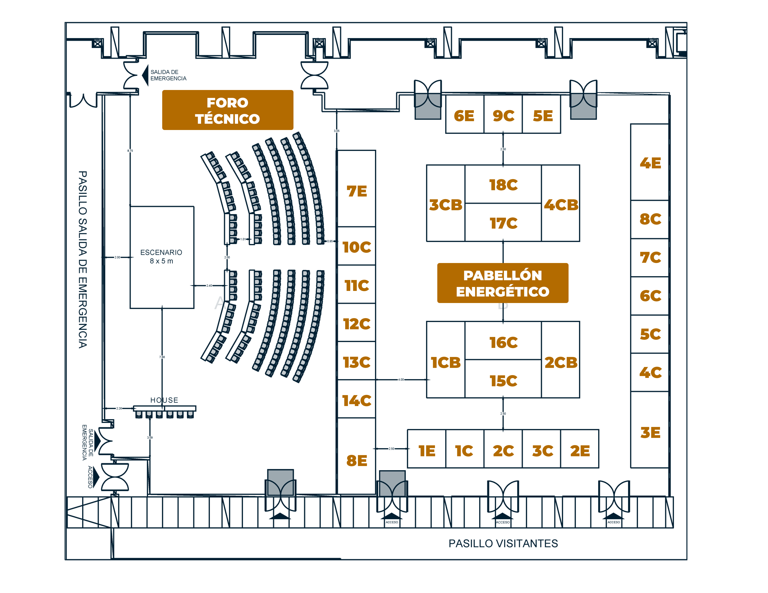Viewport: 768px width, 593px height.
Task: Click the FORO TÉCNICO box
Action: pyautogui.click(x=228, y=110)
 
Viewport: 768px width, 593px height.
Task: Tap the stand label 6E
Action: pyautogui.click(x=464, y=116)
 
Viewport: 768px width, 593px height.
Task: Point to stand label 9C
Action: pyautogui.click(x=503, y=116)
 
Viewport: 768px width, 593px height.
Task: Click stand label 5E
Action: pyautogui.click(x=542, y=116)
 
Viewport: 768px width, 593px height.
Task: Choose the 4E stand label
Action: pyautogui.click(x=650, y=163)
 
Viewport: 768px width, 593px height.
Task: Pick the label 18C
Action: pyautogui.click(x=503, y=185)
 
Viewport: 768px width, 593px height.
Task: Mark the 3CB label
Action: pyautogui.click(x=445, y=205)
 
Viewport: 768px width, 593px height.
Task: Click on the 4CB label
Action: pyautogui.click(x=561, y=205)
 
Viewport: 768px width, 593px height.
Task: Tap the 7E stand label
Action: pyautogui.click(x=357, y=191)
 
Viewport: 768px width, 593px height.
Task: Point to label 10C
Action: pyautogui.click(x=357, y=247)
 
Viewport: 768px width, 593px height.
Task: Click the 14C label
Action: pyautogui.click(x=357, y=401)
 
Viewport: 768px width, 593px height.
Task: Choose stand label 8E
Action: pyautogui.click(x=357, y=461)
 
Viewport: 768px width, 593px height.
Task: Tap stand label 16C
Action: pyautogui.click(x=503, y=343)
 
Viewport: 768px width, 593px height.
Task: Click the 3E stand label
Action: pyautogui.click(x=650, y=433)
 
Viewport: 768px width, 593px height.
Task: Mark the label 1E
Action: pyautogui.click(x=427, y=451)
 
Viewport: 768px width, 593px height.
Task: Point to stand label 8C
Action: pyautogui.click(x=650, y=219)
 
